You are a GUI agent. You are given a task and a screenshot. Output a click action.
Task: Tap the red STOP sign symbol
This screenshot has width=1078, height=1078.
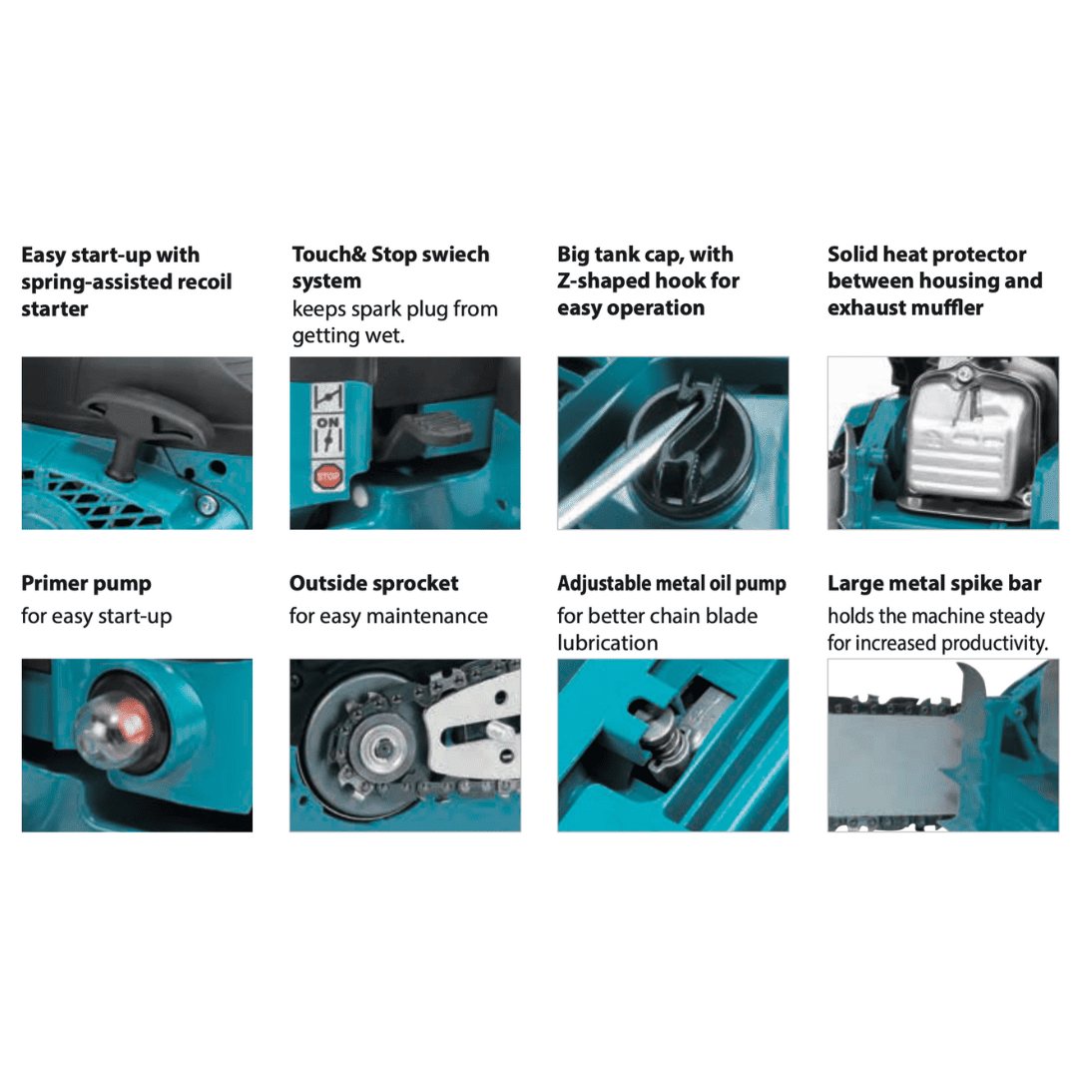pyautogui.click(x=328, y=475)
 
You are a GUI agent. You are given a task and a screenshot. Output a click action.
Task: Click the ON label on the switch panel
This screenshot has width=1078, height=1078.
pyautogui.click(x=327, y=421)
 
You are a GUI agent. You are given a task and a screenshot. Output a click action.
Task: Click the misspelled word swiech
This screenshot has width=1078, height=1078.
pyautogui.click(x=455, y=255)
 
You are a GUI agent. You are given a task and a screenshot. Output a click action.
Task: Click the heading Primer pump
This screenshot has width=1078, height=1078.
pyautogui.click(x=86, y=584)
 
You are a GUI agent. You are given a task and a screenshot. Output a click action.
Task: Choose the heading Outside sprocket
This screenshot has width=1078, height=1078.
pyautogui.click(x=374, y=584)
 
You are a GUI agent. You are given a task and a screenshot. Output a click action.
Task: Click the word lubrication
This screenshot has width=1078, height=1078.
pyautogui.click(x=608, y=643)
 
